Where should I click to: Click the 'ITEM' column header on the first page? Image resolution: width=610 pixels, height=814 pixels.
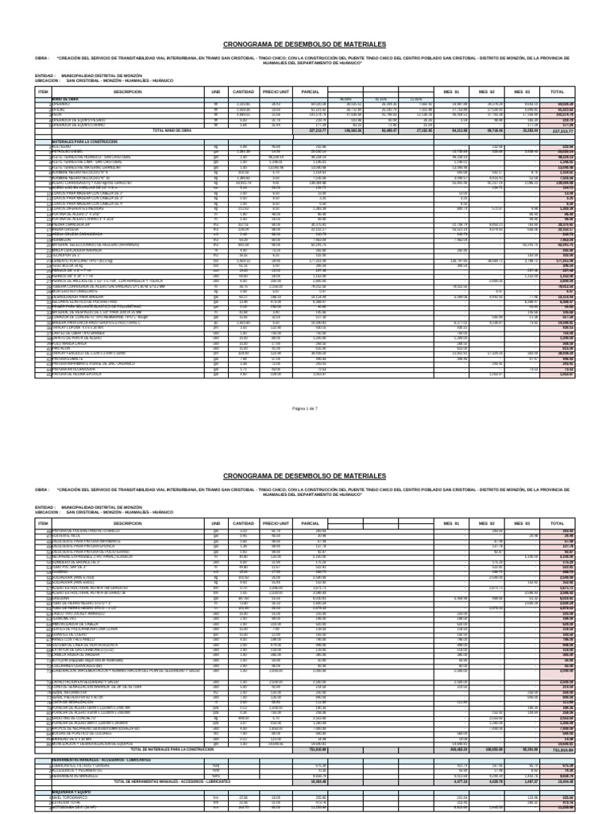pos(43,92)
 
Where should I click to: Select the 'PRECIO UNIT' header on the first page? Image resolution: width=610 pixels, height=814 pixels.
pos(253,92)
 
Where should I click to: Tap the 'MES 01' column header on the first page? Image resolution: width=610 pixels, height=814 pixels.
pos(450,92)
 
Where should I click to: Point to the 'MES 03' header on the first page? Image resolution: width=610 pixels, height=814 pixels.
pos(521,92)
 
